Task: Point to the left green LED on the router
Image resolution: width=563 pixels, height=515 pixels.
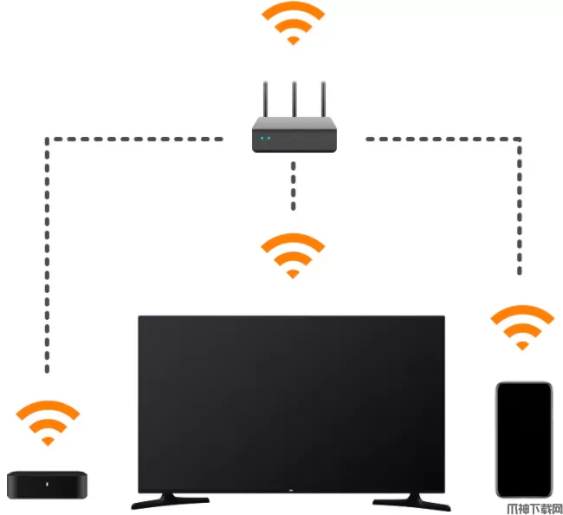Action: (262, 138)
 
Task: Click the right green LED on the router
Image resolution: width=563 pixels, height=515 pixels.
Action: (269, 138)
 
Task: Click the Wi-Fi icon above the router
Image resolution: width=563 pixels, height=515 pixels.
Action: (293, 23)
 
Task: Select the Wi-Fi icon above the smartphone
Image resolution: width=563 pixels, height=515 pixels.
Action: (521, 327)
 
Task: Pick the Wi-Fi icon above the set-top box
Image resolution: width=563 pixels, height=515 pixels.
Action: (49, 422)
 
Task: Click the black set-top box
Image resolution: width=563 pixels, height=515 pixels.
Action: (49, 483)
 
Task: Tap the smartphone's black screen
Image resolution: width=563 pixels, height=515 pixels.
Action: (523, 438)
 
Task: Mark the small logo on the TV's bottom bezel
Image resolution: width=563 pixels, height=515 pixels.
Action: (292, 488)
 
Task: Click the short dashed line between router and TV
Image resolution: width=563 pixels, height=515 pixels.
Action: (293, 186)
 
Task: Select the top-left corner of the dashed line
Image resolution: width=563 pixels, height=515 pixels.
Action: (48, 139)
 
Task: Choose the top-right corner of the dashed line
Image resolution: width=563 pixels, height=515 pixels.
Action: (521, 139)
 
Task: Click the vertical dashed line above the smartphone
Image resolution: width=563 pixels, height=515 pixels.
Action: (521, 208)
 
